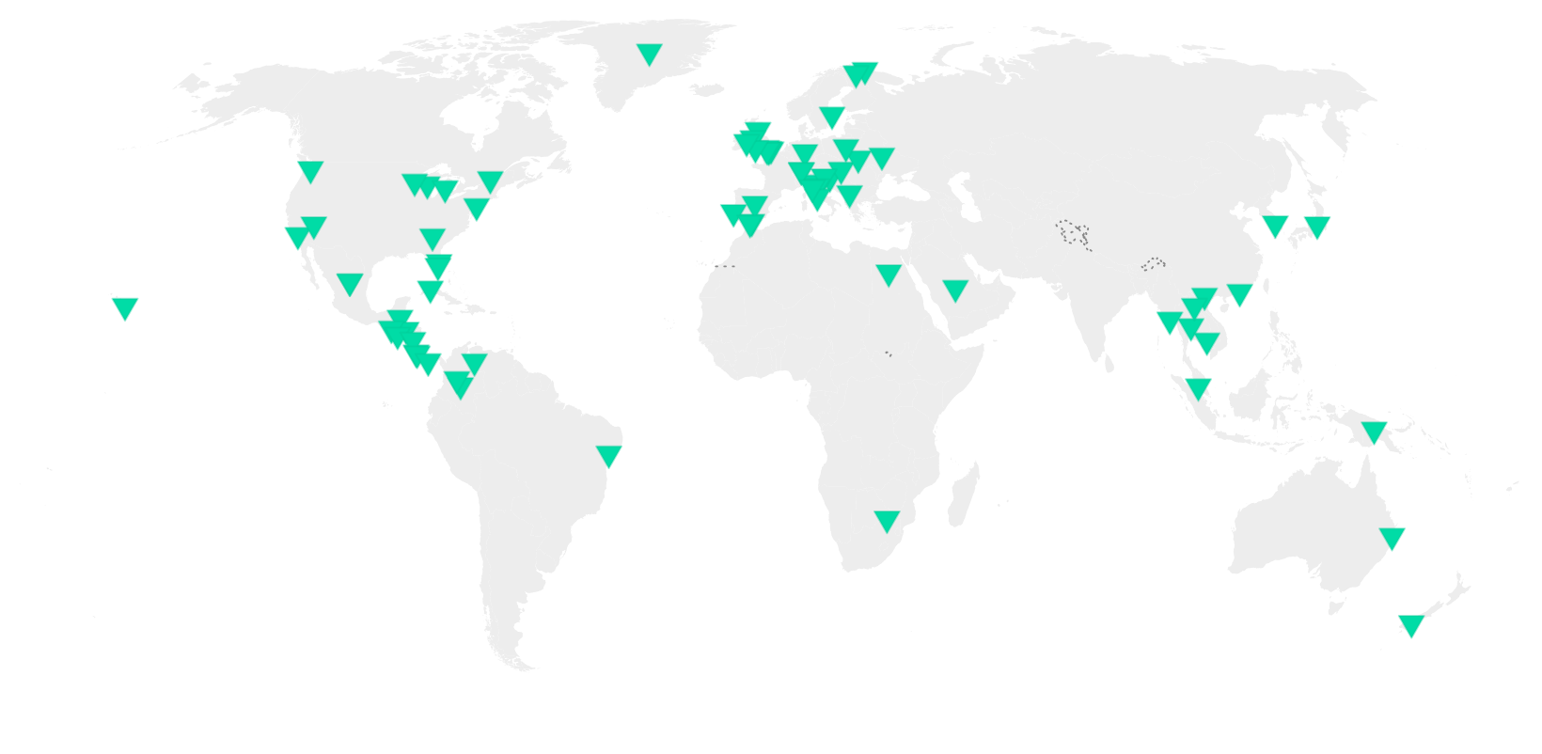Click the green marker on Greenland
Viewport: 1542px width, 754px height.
tap(649, 53)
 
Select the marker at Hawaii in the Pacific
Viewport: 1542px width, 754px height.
tap(125, 306)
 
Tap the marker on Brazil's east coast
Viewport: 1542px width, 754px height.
tap(609, 456)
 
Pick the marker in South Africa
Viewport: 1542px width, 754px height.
tap(887, 520)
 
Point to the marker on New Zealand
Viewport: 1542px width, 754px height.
tap(1410, 624)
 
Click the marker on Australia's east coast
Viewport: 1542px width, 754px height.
tap(1392, 538)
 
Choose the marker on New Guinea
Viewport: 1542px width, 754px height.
tap(1374, 432)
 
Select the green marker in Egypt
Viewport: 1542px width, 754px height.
tap(889, 274)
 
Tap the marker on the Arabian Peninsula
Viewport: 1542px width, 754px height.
tap(955, 289)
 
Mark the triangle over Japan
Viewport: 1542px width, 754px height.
tap(1316, 226)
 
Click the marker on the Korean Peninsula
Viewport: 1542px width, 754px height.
tap(1274, 226)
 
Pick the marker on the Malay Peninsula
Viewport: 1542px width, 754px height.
tap(1198, 386)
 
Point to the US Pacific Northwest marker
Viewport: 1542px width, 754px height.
tap(310, 171)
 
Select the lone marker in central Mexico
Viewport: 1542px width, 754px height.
tap(350, 283)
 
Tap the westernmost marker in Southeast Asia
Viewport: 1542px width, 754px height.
tap(1169, 322)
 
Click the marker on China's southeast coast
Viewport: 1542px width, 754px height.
tap(1240, 293)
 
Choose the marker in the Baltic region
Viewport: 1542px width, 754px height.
tap(831, 117)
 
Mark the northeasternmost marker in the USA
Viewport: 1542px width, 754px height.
tap(490, 181)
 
